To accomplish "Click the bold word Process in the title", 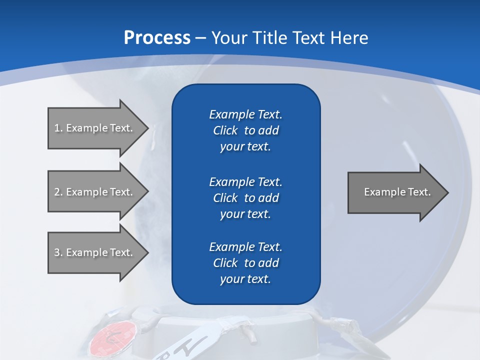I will pyautogui.click(x=157, y=38).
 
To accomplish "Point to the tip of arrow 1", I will pyautogui.click(x=147, y=128).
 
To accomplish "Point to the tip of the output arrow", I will pyautogui.click(x=447, y=192).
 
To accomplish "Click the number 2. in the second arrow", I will pyautogui.click(x=58, y=192).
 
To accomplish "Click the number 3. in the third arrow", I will pyautogui.click(x=58, y=252).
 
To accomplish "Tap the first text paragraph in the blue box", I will pyautogui.click(x=245, y=130).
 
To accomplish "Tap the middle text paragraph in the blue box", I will pyautogui.click(x=245, y=198).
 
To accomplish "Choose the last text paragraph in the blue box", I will pyautogui.click(x=245, y=263).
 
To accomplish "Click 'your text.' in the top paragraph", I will pyautogui.click(x=245, y=146).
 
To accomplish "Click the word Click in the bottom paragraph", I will pyautogui.click(x=225, y=263).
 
